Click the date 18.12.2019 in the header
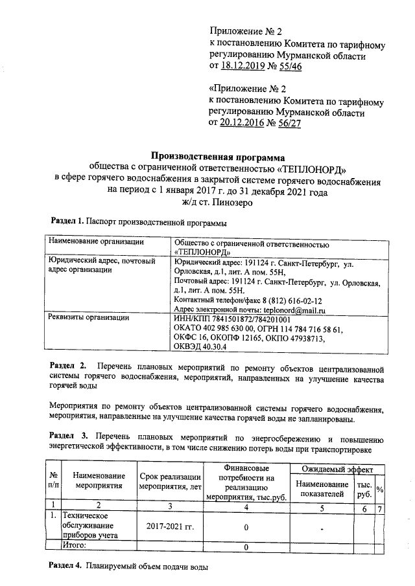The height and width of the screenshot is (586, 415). coord(243,67)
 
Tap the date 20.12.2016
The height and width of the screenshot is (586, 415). coord(243,123)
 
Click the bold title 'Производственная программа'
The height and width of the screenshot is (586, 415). coord(217,156)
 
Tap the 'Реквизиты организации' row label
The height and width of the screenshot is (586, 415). coord(89,319)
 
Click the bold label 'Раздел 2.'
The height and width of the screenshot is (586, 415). coord(68,367)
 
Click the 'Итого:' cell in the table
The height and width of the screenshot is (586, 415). coord(75,547)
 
